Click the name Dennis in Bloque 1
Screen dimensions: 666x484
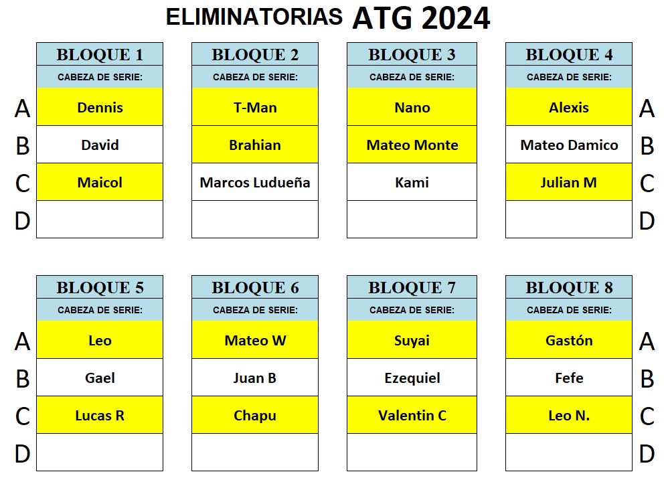point(100,108)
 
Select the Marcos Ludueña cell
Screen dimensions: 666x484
point(255,182)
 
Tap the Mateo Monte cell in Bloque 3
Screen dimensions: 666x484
point(412,145)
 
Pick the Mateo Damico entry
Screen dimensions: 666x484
point(569,145)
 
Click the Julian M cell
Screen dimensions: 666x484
point(569,182)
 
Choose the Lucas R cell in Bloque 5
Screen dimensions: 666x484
point(100,415)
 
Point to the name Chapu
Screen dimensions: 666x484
point(255,416)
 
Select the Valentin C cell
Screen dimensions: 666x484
point(412,415)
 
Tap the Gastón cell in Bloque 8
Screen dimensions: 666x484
point(569,340)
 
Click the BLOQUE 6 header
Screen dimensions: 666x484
point(255,287)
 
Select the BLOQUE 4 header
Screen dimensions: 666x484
point(569,54)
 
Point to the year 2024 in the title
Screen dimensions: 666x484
point(456,18)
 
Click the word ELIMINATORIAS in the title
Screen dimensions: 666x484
point(254,17)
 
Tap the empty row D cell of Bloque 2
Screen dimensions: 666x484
point(255,220)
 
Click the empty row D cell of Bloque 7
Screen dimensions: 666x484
point(412,452)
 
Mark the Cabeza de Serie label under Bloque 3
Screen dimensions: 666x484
point(412,77)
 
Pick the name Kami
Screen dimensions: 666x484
point(412,182)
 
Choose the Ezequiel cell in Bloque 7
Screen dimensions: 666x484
point(412,378)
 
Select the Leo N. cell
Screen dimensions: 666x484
point(569,415)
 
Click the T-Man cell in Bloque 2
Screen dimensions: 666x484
point(255,107)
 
